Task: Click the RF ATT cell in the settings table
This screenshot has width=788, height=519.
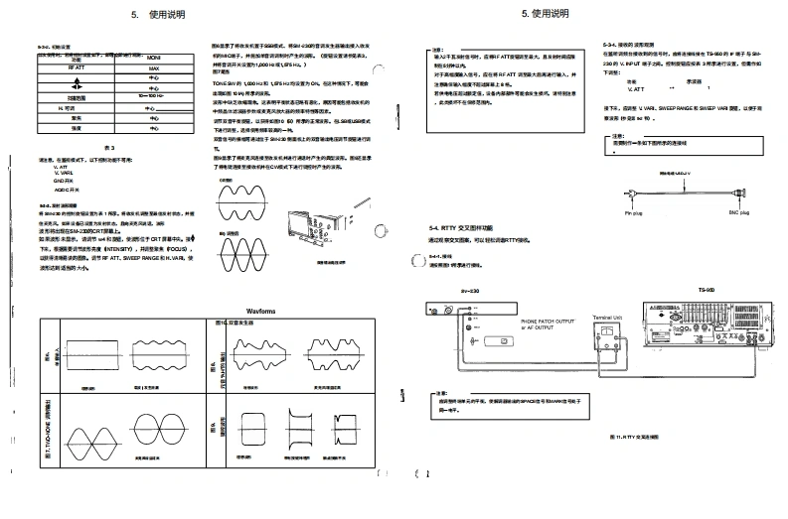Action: [x=77, y=68]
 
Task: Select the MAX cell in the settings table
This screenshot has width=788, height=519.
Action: [x=153, y=68]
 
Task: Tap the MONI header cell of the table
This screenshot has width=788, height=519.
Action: [x=153, y=59]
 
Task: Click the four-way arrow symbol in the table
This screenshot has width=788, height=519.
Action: [x=153, y=78]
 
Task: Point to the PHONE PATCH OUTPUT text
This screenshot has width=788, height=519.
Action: [x=548, y=322]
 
